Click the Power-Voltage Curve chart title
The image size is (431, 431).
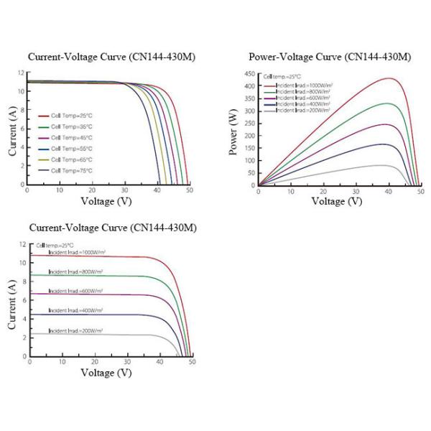pyautogui.click(x=329, y=57)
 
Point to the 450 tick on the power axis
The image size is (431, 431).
pyautogui.click(x=249, y=74)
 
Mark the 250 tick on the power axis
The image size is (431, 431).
pyautogui.click(x=249, y=124)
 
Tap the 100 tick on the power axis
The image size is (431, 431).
pyautogui.click(x=249, y=161)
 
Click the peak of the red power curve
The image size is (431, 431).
pyautogui.click(x=389, y=78)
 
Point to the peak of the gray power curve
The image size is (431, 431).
pyautogui.click(x=386, y=165)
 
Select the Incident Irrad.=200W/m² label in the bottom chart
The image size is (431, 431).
pyautogui.click(x=77, y=330)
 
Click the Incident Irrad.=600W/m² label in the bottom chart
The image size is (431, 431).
pyautogui.click(x=77, y=291)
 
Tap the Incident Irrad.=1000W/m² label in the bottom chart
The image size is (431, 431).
pyautogui.click(x=77, y=253)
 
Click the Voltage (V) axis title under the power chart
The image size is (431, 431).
pyautogui.click(x=337, y=201)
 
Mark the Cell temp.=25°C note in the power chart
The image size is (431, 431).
pyautogui.click(x=281, y=75)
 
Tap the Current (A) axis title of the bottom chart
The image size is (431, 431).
pyautogui.click(x=12, y=305)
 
